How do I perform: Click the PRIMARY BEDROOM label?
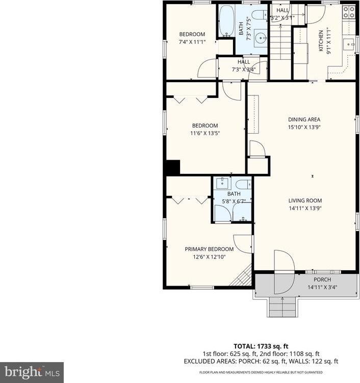point(209,249)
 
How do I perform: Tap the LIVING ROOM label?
point(305,200)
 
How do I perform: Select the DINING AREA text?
point(304,120)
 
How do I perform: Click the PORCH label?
point(322,279)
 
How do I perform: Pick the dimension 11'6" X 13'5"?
point(204,134)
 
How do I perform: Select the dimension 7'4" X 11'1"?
point(192,42)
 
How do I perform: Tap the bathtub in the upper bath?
point(226,21)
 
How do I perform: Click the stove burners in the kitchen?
point(349,12)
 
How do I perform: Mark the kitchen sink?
point(350,44)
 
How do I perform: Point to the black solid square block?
point(173,168)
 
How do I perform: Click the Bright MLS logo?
point(32,372)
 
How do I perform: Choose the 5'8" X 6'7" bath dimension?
point(234,201)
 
